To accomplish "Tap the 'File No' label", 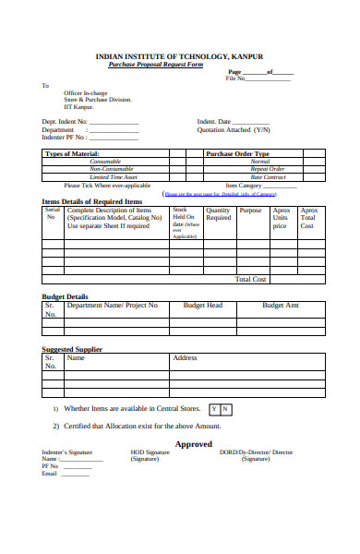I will click(x=236, y=78).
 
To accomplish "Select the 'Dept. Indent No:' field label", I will click(x=65, y=121).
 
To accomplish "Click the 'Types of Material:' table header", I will click(x=73, y=153).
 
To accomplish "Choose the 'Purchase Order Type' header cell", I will click(x=237, y=153).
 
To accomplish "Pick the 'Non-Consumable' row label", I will click(x=114, y=169).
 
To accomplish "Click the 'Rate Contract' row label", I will click(x=268, y=176).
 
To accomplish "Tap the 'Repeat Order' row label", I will click(x=268, y=169).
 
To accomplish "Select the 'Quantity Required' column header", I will click(x=218, y=214).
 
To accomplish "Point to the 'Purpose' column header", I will click(x=250, y=211).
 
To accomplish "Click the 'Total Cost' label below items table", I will click(x=251, y=279).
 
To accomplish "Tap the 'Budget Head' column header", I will click(x=202, y=305).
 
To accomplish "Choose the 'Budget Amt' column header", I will click(x=280, y=305).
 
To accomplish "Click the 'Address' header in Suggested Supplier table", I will click(x=185, y=357).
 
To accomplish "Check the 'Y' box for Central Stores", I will click(x=215, y=408).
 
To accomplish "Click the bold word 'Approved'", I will click(x=194, y=443).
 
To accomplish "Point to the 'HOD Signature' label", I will click(x=145, y=452).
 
